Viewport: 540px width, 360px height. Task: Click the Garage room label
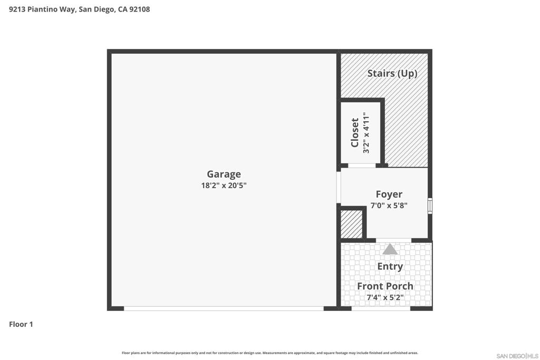click(x=224, y=174)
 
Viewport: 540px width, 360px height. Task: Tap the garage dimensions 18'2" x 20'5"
click(x=224, y=186)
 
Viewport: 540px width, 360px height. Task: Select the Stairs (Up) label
click(x=392, y=73)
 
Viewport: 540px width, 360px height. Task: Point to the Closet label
click(x=355, y=132)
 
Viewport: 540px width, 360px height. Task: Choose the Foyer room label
click(x=389, y=194)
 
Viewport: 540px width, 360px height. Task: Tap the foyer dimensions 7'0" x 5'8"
click(x=389, y=206)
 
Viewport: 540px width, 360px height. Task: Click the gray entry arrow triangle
click(x=390, y=249)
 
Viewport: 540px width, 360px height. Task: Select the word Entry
click(x=390, y=266)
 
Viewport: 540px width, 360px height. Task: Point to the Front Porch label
click(x=385, y=286)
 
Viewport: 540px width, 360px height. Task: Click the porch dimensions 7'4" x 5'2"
click(x=385, y=297)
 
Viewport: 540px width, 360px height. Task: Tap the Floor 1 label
click(x=21, y=324)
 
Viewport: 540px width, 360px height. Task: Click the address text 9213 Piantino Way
click(x=42, y=9)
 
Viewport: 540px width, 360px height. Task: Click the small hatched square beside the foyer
click(x=351, y=225)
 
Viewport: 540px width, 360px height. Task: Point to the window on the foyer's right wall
click(x=430, y=206)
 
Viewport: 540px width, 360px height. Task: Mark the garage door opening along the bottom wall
click(x=224, y=308)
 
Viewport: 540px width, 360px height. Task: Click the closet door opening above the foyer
click(x=362, y=166)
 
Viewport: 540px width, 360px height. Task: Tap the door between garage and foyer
click(x=339, y=187)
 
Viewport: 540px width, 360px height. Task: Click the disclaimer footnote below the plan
click(x=270, y=353)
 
